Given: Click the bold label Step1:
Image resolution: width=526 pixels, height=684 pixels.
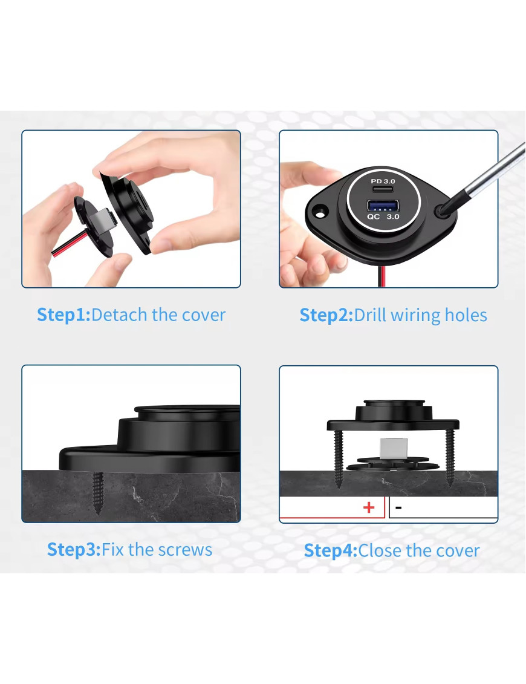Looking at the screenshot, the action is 63,314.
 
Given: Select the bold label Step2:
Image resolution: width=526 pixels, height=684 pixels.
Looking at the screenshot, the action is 326,315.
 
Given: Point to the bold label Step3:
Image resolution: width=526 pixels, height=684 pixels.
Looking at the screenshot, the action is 74,550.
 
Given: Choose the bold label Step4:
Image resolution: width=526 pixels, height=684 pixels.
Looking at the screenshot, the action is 331,550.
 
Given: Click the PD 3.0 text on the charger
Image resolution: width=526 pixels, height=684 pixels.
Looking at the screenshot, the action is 383,181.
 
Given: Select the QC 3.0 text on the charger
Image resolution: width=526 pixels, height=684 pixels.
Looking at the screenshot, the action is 383,217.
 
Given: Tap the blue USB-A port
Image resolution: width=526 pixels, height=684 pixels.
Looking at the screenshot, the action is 383,205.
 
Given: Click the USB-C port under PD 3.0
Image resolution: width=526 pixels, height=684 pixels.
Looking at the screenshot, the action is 383,189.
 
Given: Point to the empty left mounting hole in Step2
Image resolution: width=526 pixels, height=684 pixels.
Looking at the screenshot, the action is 320,213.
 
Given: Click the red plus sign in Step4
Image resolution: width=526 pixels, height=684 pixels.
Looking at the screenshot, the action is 369,507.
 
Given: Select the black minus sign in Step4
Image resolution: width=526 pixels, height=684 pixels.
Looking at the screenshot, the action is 398,508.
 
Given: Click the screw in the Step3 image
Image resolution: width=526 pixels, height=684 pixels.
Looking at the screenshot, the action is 98,493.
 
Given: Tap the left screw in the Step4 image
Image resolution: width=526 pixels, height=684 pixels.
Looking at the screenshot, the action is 339,458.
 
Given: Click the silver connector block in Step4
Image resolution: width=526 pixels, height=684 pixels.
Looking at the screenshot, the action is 394,448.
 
